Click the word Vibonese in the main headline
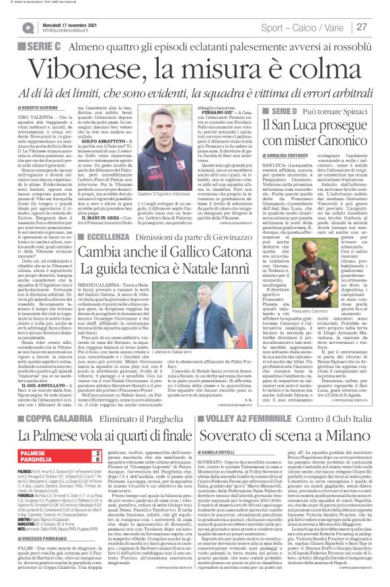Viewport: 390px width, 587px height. (x=83, y=67)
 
